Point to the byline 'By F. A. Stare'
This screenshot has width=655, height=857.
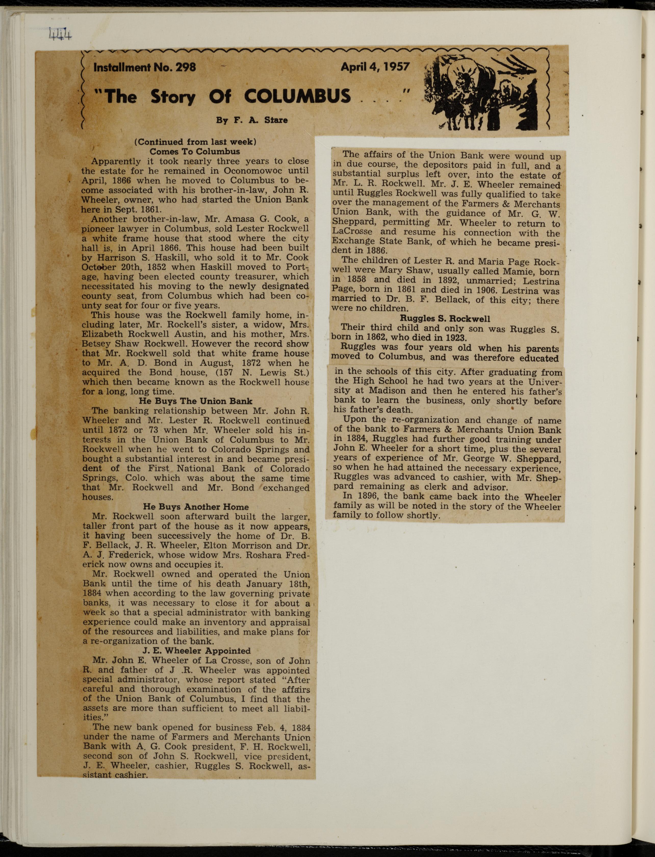[x=252, y=120]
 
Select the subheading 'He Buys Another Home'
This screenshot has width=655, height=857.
[x=196, y=507]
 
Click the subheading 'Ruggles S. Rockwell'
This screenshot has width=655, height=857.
[x=445, y=318]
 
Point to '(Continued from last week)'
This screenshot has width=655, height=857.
[x=195, y=142]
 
